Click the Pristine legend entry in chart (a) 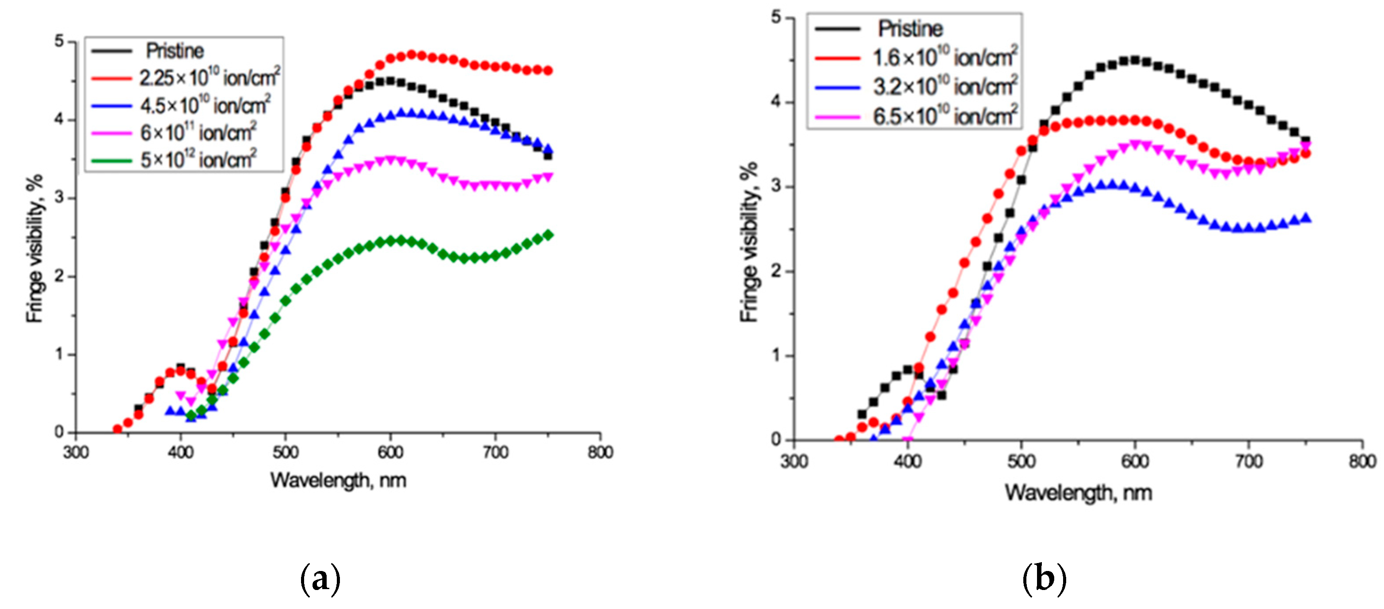pyautogui.click(x=175, y=51)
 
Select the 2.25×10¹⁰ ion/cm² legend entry pyautogui.click(x=210, y=78)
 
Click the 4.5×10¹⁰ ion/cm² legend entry pyautogui.click(x=205, y=105)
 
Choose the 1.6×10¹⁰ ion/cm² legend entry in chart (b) pyautogui.click(x=945, y=57)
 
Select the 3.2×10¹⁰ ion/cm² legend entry pyautogui.click(x=945, y=87)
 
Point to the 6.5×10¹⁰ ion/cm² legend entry pyautogui.click(x=945, y=116)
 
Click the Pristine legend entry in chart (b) pyautogui.click(x=910, y=28)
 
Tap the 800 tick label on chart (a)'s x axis pyautogui.click(x=599, y=452)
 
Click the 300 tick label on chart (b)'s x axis pyautogui.click(x=793, y=461)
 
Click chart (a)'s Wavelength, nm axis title pyautogui.click(x=338, y=480)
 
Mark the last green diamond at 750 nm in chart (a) pyautogui.click(x=548, y=235)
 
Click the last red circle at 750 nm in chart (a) pyautogui.click(x=548, y=70)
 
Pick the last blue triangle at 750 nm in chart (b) pyautogui.click(x=1306, y=218)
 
